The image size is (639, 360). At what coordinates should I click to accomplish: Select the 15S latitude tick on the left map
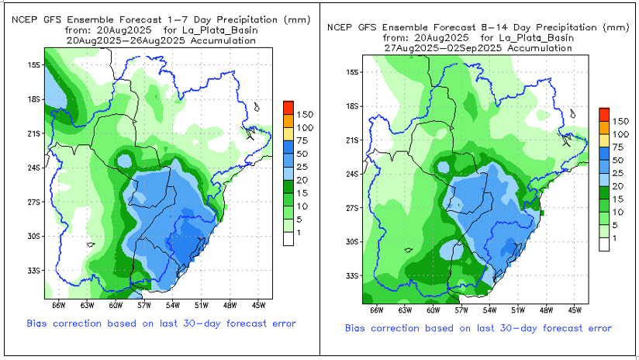pyautogui.click(x=35, y=64)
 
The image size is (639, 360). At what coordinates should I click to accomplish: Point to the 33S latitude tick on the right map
pyautogui.click(x=351, y=276)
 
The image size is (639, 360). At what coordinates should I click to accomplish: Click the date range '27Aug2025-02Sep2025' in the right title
pyautogui.click(x=478, y=47)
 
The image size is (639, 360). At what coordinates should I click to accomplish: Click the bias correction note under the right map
pyautogui.click(x=478, y=328)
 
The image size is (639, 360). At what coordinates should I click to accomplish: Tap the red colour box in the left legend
pyautogui.click(x=288, y=106)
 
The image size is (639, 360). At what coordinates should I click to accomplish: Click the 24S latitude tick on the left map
pyautogui.click(x=35, y=167)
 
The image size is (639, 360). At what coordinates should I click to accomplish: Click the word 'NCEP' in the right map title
pyautogui.click(x=340, y=27)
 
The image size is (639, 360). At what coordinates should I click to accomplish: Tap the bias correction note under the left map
pyautogui.click(x=161, y=322)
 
